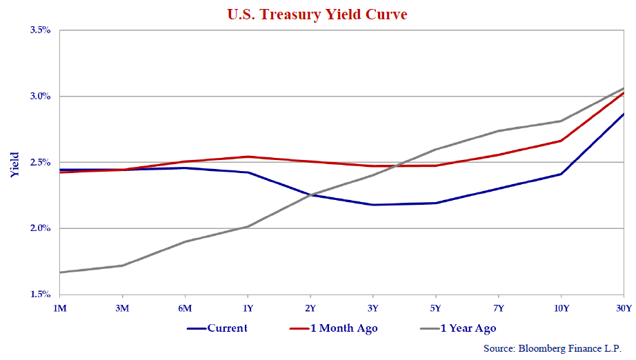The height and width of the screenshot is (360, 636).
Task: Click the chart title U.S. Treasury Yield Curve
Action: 318,14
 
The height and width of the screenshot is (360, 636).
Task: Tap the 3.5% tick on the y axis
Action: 41,30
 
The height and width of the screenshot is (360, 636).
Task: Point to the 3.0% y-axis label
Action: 41,97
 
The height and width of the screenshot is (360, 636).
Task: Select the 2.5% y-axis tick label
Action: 41,163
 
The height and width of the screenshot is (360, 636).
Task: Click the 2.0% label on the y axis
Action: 41,228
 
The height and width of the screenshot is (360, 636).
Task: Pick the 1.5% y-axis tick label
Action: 41,294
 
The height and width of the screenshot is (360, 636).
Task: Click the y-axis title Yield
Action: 14,165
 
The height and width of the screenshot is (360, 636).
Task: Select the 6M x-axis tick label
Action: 185,308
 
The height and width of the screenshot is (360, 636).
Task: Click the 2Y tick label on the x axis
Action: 310,308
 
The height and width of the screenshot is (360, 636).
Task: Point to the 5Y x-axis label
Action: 436,308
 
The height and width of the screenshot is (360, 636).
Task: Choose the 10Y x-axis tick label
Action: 562,308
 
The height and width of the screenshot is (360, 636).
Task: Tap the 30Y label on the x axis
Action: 624,308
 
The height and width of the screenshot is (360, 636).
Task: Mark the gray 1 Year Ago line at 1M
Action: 60,272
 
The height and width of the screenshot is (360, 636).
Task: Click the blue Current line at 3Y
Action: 373,205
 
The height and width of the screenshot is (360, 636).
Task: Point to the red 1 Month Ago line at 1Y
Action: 248,157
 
